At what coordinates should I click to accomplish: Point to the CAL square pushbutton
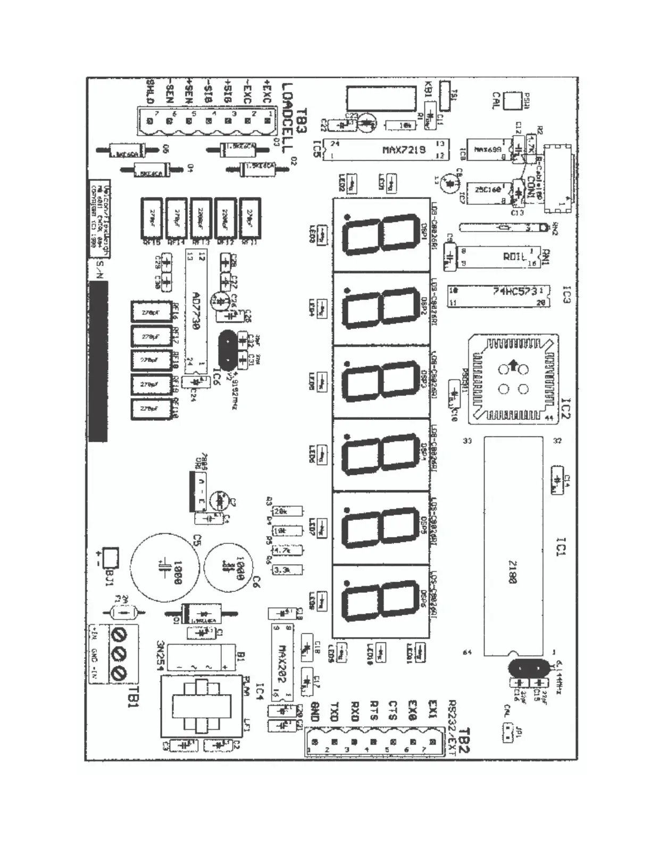(512, 101)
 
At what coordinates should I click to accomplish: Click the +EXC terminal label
(266, 92)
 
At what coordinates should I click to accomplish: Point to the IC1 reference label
(561, 547)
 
